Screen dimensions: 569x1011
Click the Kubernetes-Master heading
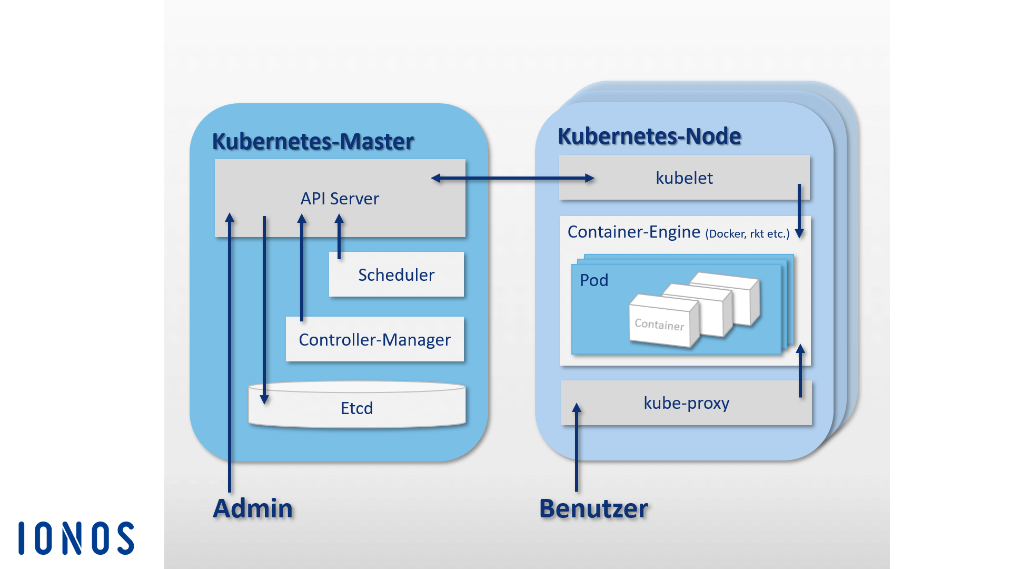[x=313, y=141]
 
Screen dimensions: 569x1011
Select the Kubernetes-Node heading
[x=649, y=136]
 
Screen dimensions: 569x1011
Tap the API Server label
[x=340, y=199]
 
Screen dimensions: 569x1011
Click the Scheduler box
[x=396, y=275]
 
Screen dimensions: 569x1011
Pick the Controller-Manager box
[x=374, y=340]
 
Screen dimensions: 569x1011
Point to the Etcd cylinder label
[x=356, y=408]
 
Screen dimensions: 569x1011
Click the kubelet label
[x=684, y=178]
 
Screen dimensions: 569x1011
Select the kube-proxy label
[x=686, y=403]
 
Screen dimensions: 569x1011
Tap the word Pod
[x=594, y=280]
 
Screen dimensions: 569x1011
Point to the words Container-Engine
[x=633, y=232]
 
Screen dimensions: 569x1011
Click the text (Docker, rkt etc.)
[x=747, y=234]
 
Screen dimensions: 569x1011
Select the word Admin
[x=253, y=508]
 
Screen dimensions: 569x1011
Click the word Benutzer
[x=593, y=508]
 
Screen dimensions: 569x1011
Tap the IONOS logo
[x=77, y=538]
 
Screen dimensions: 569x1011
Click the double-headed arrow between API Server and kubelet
[x=512, y=178]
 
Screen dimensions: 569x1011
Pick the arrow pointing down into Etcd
[x=264, y=311]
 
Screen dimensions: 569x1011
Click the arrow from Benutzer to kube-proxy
[x=577, y=448]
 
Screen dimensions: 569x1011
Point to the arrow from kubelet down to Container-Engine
[x=799, y=211]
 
